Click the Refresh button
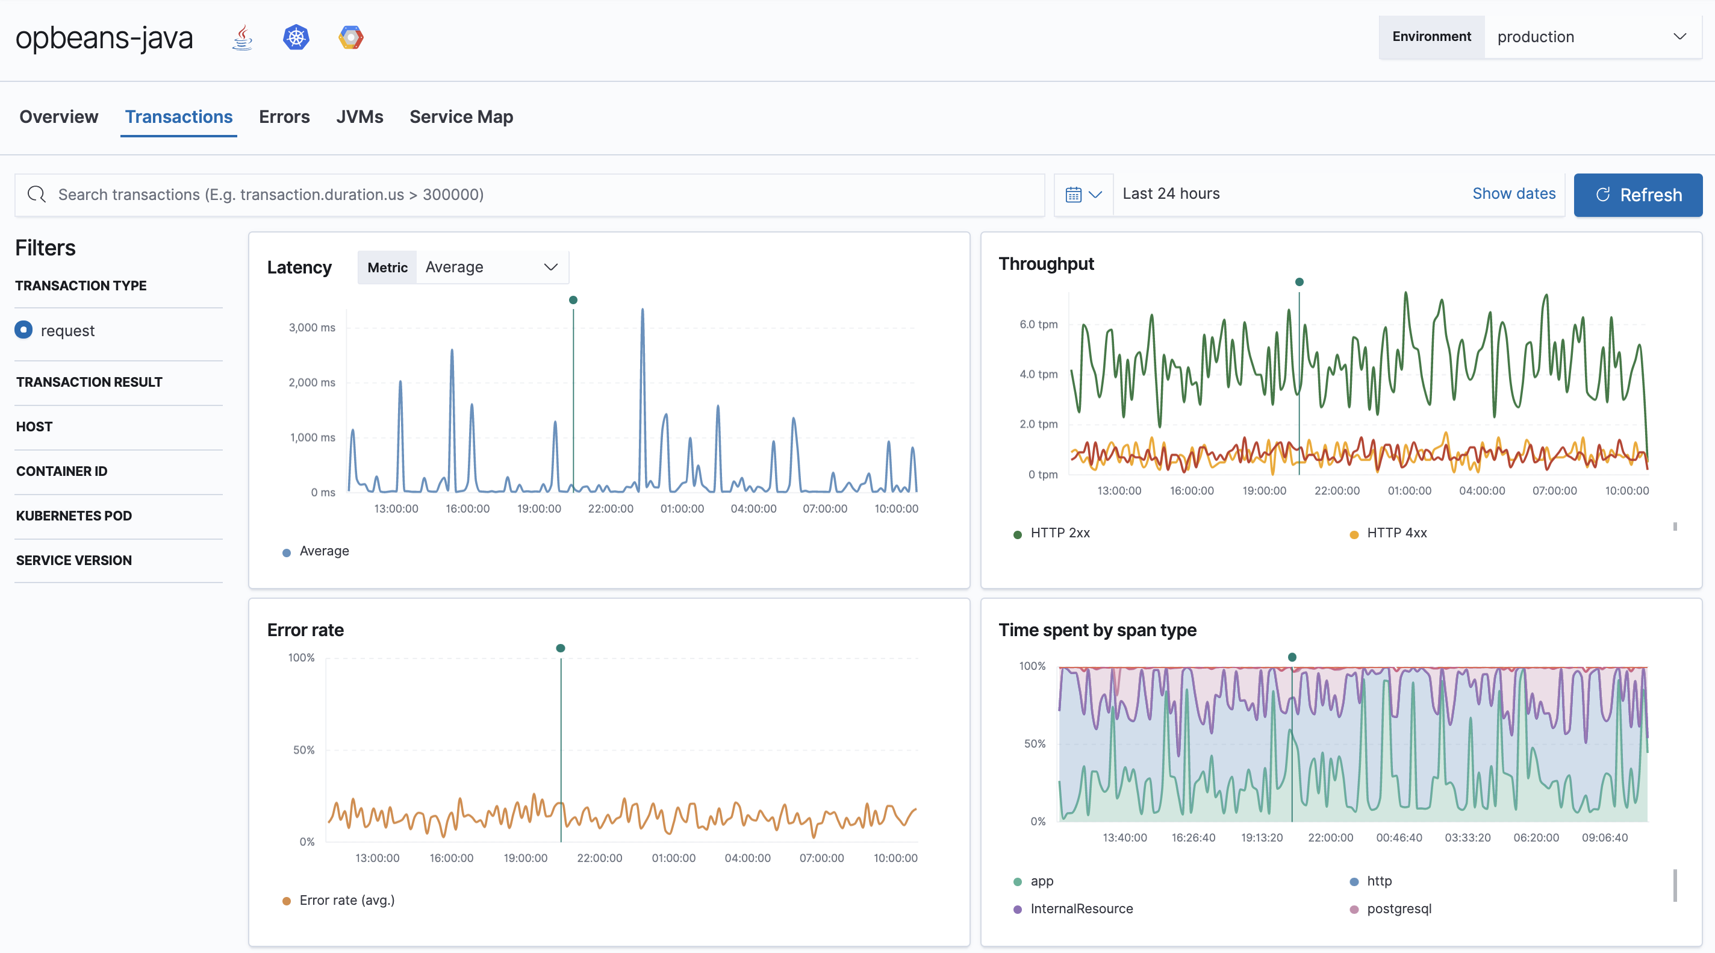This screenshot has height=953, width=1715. tap(1637, 195)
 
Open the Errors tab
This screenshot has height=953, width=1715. tap(284, 116)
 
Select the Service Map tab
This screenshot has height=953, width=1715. tap(461, 116)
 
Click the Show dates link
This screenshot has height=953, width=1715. tap(1513, 194)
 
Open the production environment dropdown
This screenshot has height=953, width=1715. tap(1592, 37)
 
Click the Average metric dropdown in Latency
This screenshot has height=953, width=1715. tap(491, 267)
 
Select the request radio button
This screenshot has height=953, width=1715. tap(24, 330)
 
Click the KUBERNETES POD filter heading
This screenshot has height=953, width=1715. tap(74, 516)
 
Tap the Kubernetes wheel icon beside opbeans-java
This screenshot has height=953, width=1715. tap(296, 37)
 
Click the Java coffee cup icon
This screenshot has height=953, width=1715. tap(242, 37)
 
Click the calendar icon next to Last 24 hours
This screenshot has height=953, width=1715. tap(1073, 195)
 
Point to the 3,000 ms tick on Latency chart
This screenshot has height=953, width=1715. tap(311, 328)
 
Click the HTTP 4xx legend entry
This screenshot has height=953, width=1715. tap(1396, 533)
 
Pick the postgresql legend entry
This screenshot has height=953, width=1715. tap(1398, 909)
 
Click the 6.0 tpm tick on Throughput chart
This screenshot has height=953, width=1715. tap(1038, 324)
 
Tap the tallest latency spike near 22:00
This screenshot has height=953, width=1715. tap(643, 313)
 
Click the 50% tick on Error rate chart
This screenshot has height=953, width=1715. tap(303, 750)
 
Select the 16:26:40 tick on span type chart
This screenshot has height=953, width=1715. tap(1193, 838)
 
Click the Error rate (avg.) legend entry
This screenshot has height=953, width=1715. tap(346, 901)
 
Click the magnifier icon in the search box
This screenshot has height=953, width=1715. tap(37, 195)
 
